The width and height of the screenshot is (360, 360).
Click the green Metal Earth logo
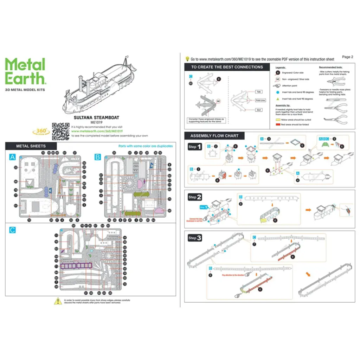tap(25, 71)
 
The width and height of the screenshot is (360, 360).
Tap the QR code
tap(61, 131)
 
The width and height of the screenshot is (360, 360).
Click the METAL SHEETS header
tap(31, 146)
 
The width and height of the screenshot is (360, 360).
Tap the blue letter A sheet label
tap(13, 157)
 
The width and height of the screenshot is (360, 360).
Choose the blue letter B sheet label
tap(98, 157)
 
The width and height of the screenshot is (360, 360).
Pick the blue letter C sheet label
tap(13, 230)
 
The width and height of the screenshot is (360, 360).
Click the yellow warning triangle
tap(57, 301)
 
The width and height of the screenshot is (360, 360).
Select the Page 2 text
tap(347, 57)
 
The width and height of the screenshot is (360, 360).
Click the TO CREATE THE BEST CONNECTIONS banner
tap(227, 67)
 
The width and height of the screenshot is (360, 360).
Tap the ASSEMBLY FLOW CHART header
tap(214, 136)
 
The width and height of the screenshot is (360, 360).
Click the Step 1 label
tap(194, 147)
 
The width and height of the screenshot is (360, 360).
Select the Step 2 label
tap(194, 197)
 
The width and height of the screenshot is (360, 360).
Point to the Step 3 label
tap(194, 238)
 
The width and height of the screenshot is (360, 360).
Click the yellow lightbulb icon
tap(187, 59)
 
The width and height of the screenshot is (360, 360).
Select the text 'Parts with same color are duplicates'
tap(146, 146)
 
